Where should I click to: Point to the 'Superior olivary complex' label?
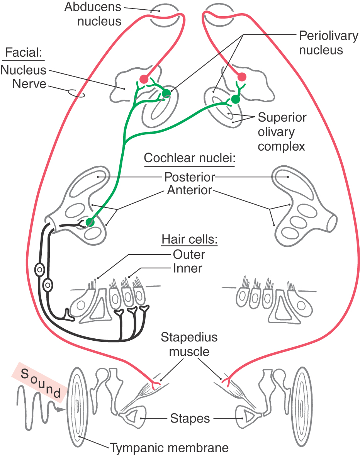click(282, 132)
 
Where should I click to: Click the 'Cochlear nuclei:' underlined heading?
click(190, 158)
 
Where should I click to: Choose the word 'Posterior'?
click(189, 177)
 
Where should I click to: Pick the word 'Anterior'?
click(190, 190)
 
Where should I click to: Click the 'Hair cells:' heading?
click(190, 239)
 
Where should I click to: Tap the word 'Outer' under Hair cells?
click(189, 254)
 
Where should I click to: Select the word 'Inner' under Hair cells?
click(188, 268)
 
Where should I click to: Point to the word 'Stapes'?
click(190, 418)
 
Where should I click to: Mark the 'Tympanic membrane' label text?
click(169, 448)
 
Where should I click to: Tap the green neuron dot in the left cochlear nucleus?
click(90, 222)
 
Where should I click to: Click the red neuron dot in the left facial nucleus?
click(144, 79)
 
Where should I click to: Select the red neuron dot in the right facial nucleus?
click(242, 76)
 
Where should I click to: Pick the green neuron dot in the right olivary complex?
click(235, 100)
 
